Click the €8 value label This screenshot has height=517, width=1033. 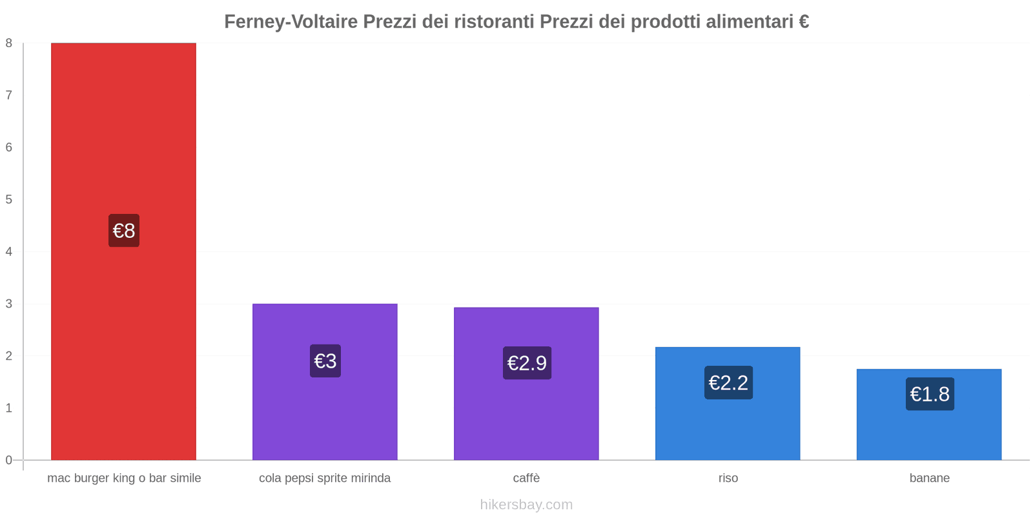124,231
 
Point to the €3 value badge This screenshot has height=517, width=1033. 325,361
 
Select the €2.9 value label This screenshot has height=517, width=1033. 527,363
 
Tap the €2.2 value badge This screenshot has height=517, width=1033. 728,383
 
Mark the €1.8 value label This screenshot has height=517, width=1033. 930,394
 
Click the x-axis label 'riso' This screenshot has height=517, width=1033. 728,478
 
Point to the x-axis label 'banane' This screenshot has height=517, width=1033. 930,478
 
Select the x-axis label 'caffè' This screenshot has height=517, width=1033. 526,478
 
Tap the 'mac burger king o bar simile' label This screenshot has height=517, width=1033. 124,478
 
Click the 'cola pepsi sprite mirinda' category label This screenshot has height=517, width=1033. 325,478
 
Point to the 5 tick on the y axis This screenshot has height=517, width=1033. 9,200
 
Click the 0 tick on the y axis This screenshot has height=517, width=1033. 9,460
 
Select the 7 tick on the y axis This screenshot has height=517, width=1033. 9,96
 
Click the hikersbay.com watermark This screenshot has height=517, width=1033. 526,505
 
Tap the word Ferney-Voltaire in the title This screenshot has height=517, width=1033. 291,22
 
